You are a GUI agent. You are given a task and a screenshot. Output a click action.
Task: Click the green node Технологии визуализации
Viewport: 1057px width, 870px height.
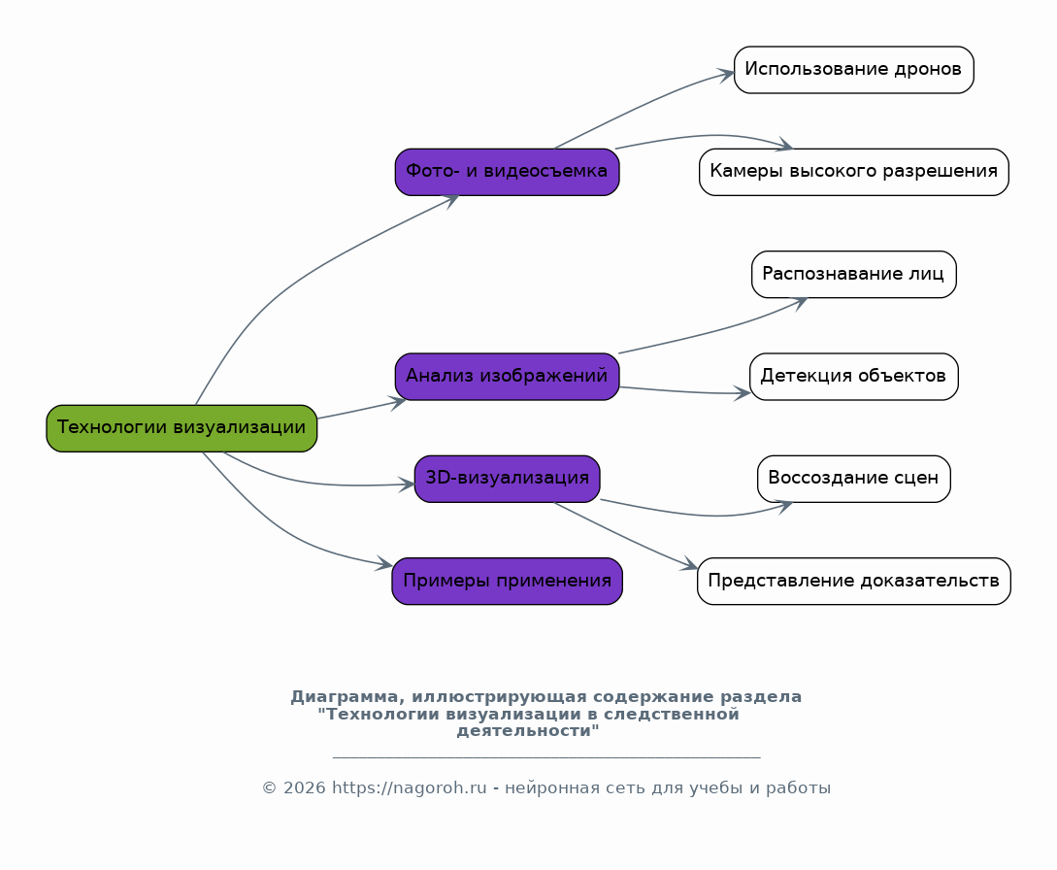point(182,428)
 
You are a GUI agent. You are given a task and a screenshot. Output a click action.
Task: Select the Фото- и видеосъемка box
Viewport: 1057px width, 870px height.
point(507,172)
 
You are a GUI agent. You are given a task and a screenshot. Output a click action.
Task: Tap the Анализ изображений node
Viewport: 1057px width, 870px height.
point(507,377)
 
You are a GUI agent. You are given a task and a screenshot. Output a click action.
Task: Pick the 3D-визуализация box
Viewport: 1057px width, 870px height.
point(507,479)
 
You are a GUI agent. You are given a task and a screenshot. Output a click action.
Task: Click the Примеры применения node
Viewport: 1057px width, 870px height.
point(507,582)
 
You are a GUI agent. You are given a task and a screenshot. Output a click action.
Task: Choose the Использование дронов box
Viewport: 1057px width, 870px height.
point(853,70)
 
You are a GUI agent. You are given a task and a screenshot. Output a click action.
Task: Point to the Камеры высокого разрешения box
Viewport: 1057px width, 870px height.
point(853,172)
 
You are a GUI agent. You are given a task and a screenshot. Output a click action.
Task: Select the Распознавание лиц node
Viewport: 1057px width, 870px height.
point(853,275)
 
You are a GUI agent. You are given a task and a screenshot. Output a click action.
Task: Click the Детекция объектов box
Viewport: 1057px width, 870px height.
point(853,377)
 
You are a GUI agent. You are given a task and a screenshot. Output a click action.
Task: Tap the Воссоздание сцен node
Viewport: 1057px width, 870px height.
point(853,479)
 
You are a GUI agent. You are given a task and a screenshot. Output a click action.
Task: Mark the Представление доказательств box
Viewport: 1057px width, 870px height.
point(853,582)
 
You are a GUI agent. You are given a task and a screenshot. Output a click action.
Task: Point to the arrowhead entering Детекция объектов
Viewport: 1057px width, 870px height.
point(743,393)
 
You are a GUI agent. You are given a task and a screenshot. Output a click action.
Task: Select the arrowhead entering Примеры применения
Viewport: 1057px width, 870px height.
point(385,564)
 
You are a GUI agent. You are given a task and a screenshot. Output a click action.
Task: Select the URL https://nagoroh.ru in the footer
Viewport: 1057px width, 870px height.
point(409,788)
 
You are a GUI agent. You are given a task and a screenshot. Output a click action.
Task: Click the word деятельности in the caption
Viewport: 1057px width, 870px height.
point(527,731)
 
